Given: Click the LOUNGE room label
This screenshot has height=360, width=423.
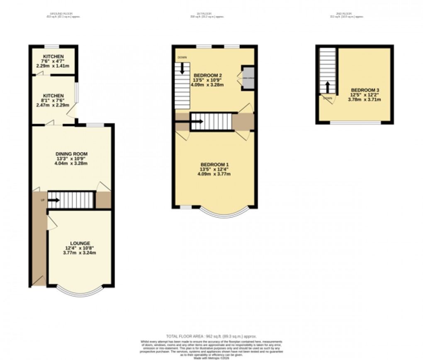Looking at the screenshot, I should [x=80, y=243].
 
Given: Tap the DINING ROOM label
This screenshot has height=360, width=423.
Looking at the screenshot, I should [x=72, y=154].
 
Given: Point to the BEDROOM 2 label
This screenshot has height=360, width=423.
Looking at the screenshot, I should [x=207, y=75].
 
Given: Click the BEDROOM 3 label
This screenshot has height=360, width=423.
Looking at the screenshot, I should [x=365, y=90].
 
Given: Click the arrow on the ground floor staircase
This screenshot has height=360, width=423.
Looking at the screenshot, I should [x=53, y=200].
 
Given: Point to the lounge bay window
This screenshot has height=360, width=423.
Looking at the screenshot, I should [x=80, y=292].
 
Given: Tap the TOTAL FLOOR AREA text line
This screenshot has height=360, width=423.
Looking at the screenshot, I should [x=211, y=336].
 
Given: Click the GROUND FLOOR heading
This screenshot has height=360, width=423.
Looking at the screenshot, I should [x=62, y=15].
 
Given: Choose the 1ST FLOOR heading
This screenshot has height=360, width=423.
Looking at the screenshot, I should [x=207, y=15].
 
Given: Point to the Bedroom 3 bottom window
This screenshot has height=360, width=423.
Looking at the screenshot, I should [x=355, y=122].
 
